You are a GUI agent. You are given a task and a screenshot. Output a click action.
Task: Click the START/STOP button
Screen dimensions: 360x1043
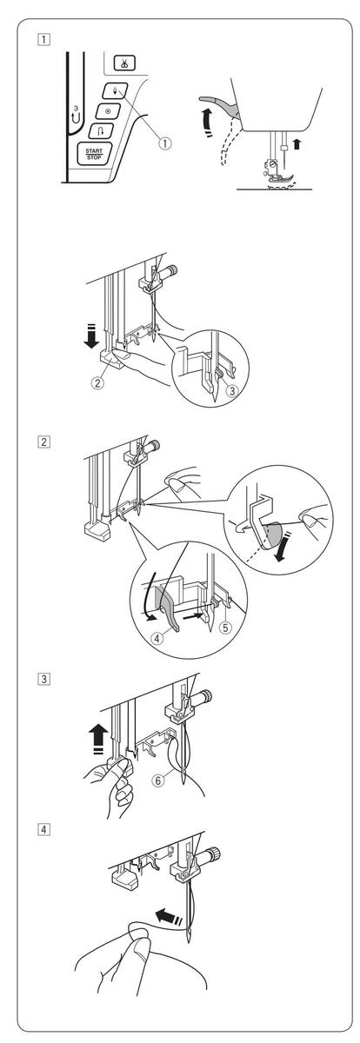tap(94, 154)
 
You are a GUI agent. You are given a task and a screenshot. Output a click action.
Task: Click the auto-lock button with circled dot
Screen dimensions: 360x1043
tap(109, 111)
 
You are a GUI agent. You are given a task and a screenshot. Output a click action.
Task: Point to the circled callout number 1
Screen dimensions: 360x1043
tap(165, 143)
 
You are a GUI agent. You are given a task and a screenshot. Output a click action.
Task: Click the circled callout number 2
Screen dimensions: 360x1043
tap(97, 383)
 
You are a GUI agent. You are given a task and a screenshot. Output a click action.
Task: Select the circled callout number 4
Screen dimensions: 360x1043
tap(157, 638)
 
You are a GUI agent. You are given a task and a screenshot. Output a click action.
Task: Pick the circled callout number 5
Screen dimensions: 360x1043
tap(225, 628)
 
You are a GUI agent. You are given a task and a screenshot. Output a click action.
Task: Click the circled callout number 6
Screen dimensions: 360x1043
tap(158, 780)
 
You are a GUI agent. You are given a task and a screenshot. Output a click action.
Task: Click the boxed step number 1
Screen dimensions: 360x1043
tap(43, 38)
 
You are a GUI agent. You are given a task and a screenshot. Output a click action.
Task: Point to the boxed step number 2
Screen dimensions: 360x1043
tap(43, 441)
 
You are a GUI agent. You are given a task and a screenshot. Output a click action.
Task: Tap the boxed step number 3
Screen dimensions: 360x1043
tap(43, 679)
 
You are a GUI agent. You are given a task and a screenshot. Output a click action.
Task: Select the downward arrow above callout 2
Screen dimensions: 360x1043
tap(92, 335)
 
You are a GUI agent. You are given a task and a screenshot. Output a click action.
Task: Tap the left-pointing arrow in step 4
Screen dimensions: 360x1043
tap(169, 902)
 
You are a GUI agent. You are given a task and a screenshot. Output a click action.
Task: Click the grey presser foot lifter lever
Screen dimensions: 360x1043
tap(220, 104)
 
